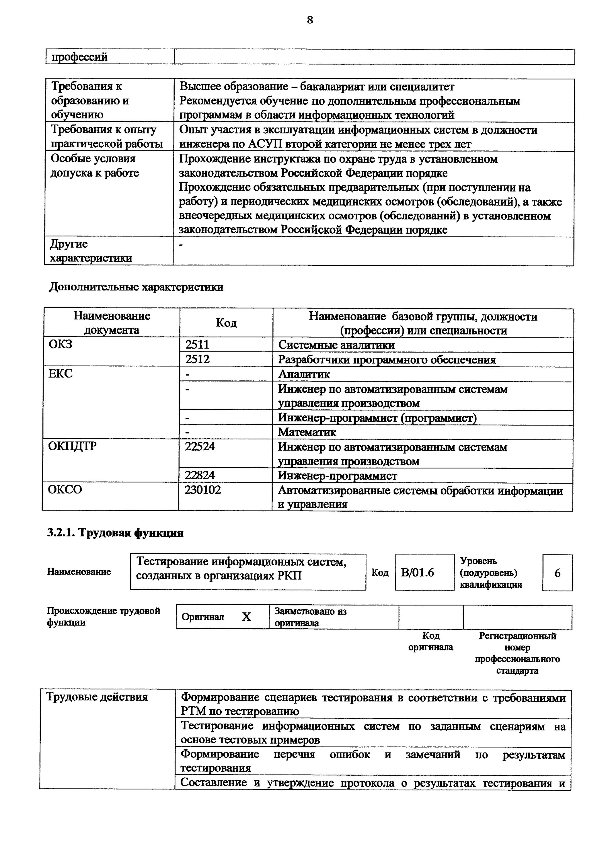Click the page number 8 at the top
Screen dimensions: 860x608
pos(309,20)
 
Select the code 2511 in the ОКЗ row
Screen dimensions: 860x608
pos(197,344)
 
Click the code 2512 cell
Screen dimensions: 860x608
pos(197,359)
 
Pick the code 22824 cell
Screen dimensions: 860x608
pos(199,475)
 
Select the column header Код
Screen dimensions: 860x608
pos(226,322)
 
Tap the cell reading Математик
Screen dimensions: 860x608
pos(307,432)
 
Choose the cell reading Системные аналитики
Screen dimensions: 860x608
pos(336,345)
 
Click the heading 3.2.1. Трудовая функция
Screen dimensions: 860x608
pos(115,533)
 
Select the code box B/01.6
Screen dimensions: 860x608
pos(417,573)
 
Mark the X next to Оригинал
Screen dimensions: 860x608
pos(246,617)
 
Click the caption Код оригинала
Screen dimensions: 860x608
pos(430,641)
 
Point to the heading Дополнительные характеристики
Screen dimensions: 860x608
pos(136,287)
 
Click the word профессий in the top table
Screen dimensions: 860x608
pos(79,57)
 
